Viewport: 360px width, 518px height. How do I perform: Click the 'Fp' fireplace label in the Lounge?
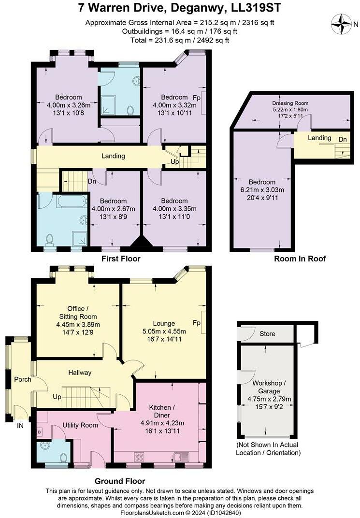point(197,323)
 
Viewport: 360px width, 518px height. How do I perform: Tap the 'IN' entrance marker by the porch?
point(20,426)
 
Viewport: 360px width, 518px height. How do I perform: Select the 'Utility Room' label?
point(80,425)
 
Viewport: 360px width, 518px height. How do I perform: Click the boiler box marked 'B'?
point(39,432)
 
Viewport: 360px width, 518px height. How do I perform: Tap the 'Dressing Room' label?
point(290,103)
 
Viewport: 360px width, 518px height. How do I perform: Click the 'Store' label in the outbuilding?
point(267,334)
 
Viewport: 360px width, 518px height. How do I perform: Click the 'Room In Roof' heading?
point(300,259)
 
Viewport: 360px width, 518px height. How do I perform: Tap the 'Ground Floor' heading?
point(120,481)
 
